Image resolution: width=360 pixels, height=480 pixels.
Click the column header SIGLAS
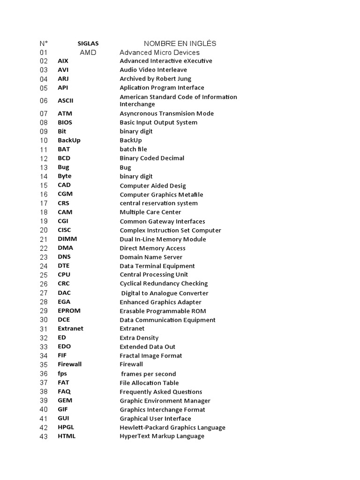[x=88, y=44]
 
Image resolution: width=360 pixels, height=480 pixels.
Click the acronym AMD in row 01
[x=88, y=52]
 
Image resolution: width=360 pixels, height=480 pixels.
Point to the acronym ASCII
[x=66, y=100]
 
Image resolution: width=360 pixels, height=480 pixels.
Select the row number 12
[x=44, y=158]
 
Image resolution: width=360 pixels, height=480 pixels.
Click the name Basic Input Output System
[x=158, y=122]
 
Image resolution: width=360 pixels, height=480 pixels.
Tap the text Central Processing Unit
[x=154, y=275]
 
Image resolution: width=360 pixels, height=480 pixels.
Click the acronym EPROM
[x=69, y=311]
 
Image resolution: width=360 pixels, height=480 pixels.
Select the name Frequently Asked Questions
[x=161, y=392]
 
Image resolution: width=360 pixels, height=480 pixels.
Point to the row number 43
[x=44, y=436]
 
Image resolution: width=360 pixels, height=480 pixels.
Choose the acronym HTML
[x=67, y=436]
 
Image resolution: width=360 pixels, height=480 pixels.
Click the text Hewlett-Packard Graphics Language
[x=172, y=427]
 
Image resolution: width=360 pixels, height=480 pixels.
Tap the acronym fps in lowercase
[x=62, y=374]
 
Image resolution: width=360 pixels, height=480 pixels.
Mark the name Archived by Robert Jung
[x=155, y=79]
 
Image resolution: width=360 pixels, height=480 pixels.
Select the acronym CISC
[x=65, y=230]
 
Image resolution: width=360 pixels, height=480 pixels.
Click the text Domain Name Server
[x=151, y=257]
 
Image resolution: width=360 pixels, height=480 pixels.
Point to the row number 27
[x=44, y=293]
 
